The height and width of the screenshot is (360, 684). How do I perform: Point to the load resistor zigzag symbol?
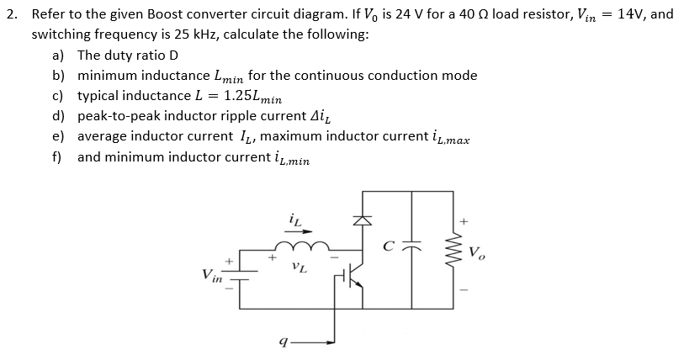(x=458, y=251)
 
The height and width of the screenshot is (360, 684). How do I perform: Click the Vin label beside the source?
(x=212, y=274)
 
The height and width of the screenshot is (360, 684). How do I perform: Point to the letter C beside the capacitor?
(x=389, y=247)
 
